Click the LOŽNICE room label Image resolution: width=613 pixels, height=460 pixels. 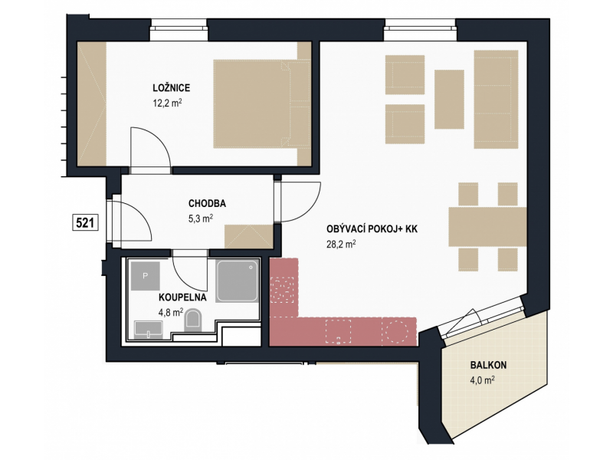171,87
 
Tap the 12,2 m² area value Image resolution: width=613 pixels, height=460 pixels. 167,103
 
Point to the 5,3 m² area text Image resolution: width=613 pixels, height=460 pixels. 201,219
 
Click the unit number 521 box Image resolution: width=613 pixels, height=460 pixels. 85,223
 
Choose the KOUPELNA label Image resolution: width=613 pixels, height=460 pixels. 182,297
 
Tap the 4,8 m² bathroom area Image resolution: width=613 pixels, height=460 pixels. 171,313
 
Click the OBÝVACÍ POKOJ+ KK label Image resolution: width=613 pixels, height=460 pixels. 372,228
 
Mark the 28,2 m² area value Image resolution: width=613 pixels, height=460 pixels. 341,244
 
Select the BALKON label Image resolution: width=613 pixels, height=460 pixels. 488,365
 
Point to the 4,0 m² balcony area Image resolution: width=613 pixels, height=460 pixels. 483,380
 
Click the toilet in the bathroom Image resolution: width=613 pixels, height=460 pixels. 193,320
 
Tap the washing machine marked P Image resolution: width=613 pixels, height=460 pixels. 146,276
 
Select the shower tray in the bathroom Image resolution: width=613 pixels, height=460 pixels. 238,281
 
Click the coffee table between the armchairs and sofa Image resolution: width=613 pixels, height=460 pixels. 449,100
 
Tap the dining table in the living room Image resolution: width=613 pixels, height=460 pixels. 487,227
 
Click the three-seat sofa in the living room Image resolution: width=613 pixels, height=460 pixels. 496,100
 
